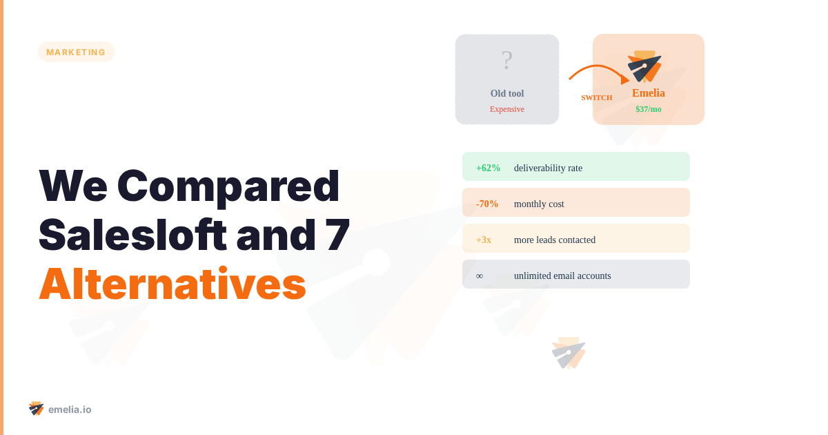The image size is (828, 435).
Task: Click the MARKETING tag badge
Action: (76, 52)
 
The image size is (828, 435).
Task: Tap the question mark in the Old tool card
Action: (507, 61)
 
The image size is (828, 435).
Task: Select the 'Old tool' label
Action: (507, 94)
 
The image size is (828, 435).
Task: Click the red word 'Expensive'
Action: (507, 109)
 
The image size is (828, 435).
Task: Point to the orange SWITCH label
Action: (597, 97)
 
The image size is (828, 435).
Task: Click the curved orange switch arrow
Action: (598, 70)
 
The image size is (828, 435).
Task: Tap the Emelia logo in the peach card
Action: (644, 66)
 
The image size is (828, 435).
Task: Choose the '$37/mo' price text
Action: (649, 109)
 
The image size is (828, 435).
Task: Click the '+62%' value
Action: (488, 168)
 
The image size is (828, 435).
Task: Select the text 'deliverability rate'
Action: (548, 168)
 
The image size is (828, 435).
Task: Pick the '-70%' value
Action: (487, 204)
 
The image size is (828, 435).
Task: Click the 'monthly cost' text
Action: (539, 204)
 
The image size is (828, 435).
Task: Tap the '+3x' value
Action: (484, 240)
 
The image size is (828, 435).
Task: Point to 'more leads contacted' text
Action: (555, 240)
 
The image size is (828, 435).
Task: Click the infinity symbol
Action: (480, 275)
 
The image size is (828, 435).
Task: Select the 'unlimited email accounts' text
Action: (562, 275)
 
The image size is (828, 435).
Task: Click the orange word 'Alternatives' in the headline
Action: (172, 284)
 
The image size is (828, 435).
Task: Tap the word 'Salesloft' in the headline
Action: (132, 235)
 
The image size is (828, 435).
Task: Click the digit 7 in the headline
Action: (337, 235)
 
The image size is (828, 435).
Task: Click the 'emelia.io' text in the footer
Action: (70, 409)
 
